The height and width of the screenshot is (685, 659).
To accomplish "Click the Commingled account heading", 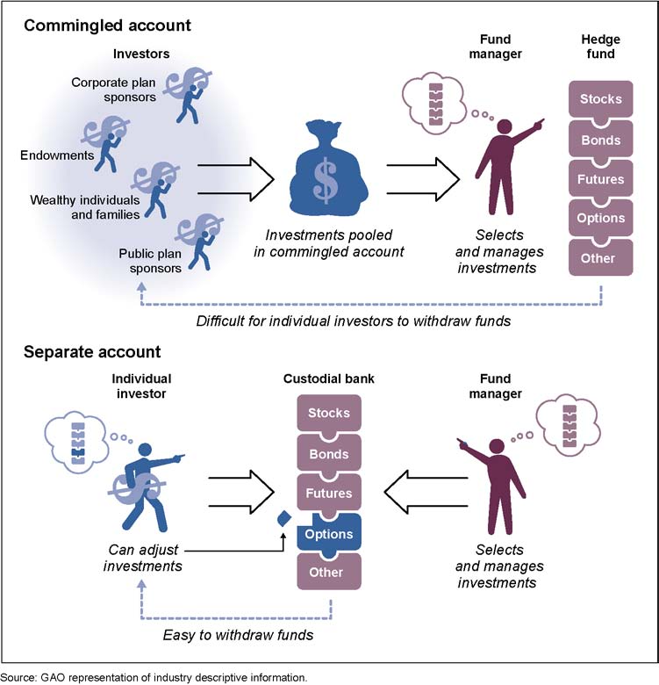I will (x=107, y=25).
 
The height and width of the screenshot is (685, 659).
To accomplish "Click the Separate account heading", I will (x=92, y=352).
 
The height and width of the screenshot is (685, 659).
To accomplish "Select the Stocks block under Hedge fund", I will (x=600, y=99).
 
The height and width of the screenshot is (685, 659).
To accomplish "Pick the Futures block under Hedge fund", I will (x=600, y=179).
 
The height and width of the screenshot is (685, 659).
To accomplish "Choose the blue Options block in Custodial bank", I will (x=329, y=534).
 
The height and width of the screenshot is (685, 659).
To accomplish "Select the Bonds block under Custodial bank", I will (x=329, y=454).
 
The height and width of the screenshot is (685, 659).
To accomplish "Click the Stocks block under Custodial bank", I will (x=329, y=413).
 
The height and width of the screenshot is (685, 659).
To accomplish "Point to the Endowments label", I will (x=56, y=155).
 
